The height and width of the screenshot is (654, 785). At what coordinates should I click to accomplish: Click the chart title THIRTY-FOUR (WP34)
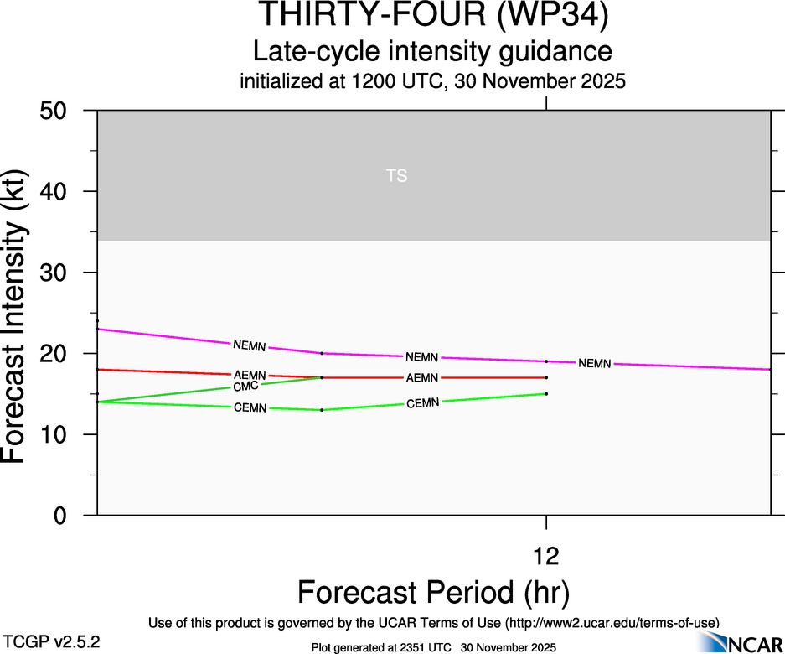point(432,17)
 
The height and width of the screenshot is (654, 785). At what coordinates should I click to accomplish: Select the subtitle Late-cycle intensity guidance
point(432,52)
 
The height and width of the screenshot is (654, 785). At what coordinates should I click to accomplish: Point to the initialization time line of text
point(432,82)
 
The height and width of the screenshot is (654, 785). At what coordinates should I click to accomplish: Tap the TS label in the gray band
point(397,176)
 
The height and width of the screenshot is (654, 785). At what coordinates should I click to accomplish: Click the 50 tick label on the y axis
point(56,111)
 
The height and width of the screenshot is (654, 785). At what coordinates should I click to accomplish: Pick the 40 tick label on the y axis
point(56,192)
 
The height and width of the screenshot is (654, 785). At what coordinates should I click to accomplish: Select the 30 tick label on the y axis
point(56,273)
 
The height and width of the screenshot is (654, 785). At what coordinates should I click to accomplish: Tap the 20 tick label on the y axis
point(56,354)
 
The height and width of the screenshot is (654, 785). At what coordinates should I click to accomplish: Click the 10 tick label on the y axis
point(56,435)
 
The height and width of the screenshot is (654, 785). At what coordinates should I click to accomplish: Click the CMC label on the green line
point(245,387)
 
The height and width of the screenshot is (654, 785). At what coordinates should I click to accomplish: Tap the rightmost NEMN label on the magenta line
point(595,363)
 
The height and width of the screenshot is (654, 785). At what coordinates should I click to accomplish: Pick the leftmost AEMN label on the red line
point(250,375)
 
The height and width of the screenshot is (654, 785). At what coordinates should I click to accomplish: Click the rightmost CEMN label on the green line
point(422,403)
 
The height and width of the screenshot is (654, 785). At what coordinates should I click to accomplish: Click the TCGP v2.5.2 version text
point(52,641)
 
